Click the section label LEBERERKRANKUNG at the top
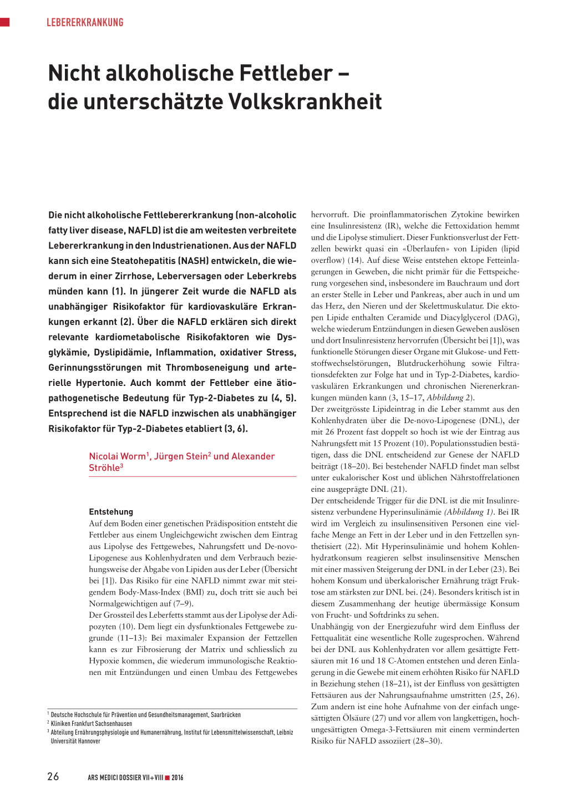(x=85, y=23)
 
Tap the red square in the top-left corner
(x=5, y=22)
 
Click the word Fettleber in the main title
(x=286, y=73)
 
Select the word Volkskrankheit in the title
(x=305, y=102)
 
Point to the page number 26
(x=53, y=776)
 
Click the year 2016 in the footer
(x=177, y=777)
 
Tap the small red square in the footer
(x=167, y=777)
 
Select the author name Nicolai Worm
(x=117, y=456)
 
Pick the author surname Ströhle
(x=104, y=468)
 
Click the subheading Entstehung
(x=111, y=512)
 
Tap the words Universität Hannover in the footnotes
(x=75, y=741)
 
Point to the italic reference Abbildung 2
(x=449, y=398)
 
